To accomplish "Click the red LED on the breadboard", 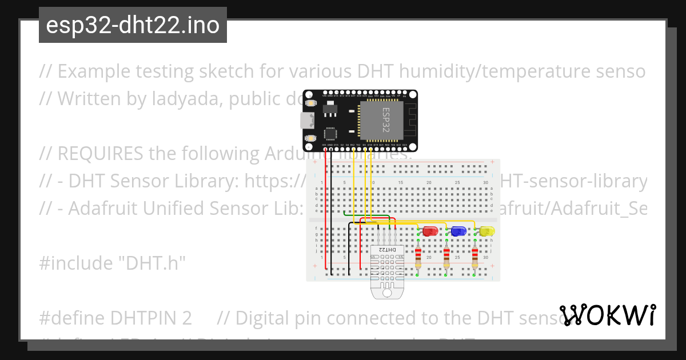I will [430, 231].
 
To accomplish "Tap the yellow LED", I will [487, 231].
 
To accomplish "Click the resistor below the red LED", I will [418, 257].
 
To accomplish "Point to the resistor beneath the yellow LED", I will [475, 257].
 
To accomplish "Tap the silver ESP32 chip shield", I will [381, 121].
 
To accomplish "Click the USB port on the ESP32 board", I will [307, 121].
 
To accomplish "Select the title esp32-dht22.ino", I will [133, 25].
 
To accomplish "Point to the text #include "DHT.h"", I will [113, 263].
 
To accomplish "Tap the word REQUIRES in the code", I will [101, 154].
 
